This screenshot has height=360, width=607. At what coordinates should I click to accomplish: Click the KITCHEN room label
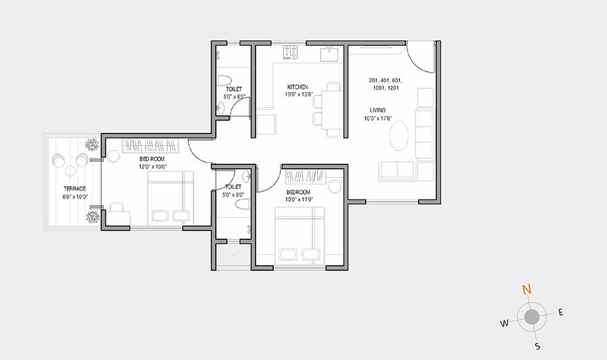297,88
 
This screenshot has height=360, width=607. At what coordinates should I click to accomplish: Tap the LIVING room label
378,110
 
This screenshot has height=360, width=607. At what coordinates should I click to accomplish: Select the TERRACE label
75,189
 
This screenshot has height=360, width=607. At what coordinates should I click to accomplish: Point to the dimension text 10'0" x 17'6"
378,119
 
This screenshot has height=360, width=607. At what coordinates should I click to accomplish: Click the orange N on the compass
527,290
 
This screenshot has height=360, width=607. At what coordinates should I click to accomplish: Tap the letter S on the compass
538,347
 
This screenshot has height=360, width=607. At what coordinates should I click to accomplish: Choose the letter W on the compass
504,324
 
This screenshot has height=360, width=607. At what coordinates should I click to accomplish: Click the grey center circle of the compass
532,317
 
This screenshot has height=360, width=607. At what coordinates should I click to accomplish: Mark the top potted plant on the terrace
91,144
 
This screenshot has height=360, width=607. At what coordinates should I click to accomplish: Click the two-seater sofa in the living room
397,171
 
